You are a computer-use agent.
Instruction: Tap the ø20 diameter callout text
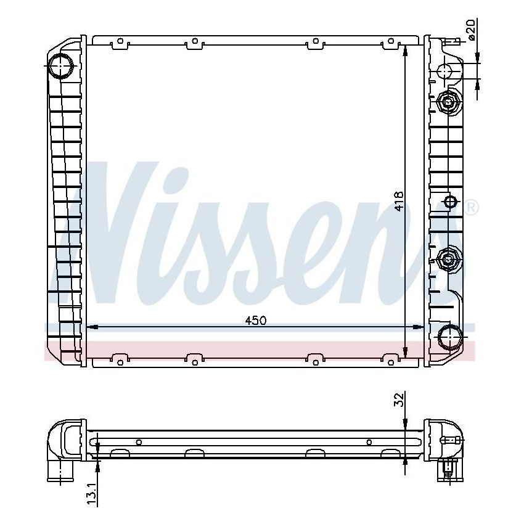coord(471,30)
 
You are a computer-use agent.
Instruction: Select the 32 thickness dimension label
coord(399,399)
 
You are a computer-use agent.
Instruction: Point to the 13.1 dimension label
coord(92,493)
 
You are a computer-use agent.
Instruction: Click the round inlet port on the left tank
coord(61,66)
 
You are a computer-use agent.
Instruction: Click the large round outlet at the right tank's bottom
coord(448,337)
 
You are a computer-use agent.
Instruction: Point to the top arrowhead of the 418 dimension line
coord(405,51)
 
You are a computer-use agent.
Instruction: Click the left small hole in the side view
coord(139,441)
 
